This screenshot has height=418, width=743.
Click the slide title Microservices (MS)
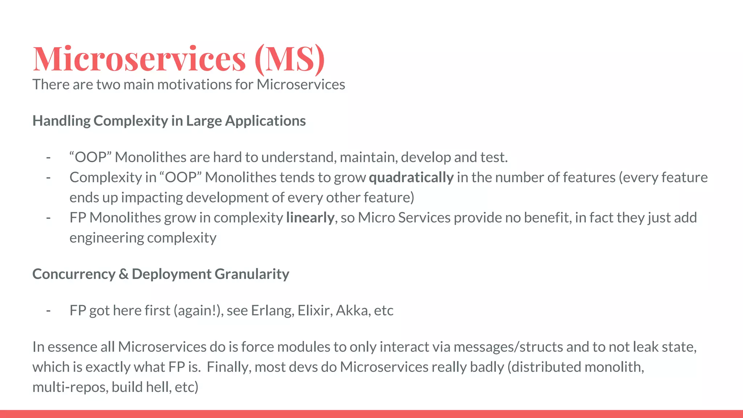[178, 59]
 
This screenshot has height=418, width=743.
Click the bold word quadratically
[411, 177]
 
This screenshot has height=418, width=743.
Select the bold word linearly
[310, 218]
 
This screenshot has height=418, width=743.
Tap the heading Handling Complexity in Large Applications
[169, 121]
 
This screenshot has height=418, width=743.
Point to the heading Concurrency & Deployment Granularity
[161, 274]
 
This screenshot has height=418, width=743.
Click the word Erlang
[272, 311]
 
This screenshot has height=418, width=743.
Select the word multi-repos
[70, 387]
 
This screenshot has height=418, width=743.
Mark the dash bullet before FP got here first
[48, 311]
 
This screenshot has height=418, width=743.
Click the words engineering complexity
[143, 238]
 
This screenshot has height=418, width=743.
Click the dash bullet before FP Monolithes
[48, 218]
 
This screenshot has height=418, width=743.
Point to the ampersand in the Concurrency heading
[123, 274]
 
